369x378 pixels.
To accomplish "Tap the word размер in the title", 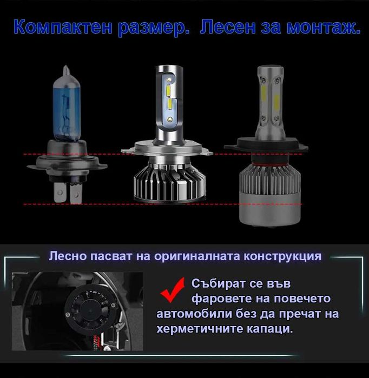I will [x=154, y=28].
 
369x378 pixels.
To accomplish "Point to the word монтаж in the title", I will [x=321, y=28].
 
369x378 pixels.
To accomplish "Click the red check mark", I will [x=173, y=289].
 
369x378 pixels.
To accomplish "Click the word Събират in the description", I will [x=220, y=283].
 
